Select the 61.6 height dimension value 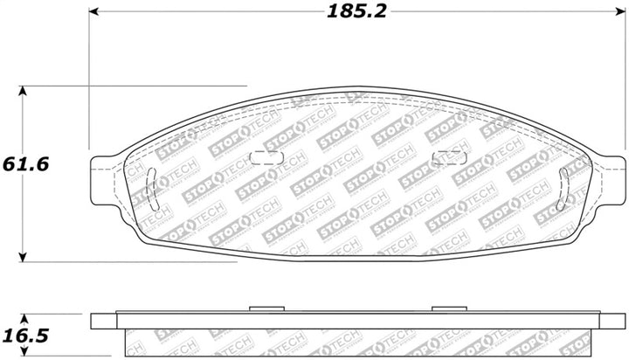click(24, 164)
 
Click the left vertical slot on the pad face click(154, 188)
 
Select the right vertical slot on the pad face click(563, 188)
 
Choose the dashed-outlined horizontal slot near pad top click(449, 157)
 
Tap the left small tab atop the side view click(263, 308)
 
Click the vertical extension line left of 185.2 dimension click(89, 79)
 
